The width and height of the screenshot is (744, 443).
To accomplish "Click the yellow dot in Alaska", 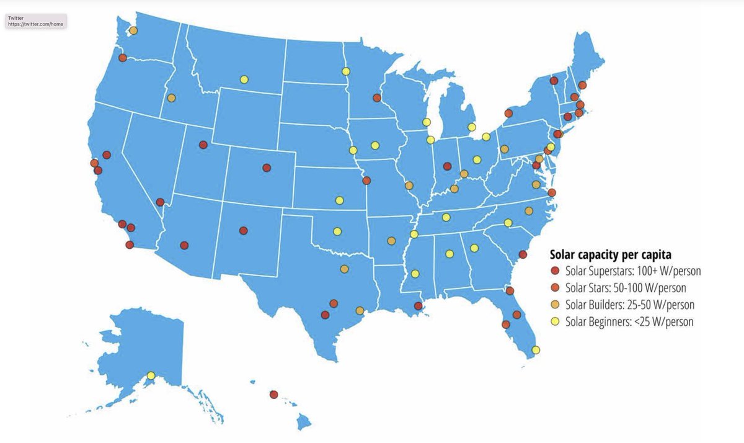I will (x=151, y=375).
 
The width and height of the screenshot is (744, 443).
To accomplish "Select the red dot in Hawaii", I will (x=273, y=395).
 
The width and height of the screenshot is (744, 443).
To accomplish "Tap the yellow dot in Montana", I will (x=244, y=79).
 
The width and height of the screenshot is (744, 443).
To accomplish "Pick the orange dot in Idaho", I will (x=171, y=98).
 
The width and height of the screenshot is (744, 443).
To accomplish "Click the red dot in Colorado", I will (x=267, y=168).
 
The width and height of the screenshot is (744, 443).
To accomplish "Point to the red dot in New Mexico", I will (x=244, y=230).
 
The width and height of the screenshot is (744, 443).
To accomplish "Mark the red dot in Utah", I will (x=203, y=145).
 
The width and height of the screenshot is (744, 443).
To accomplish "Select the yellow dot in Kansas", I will (x=339, y=200).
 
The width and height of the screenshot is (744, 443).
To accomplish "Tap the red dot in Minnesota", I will (x=376, y=98).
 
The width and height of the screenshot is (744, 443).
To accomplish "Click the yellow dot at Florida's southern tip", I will (x=536, y=350).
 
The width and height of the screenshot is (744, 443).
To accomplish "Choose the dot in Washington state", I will (x=133, y=30).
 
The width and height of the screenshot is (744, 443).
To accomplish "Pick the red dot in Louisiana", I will (x=418, y=306).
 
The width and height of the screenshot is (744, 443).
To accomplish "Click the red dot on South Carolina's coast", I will (x=523, y=254).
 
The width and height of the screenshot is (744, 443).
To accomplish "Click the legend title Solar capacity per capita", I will (x=611, y=254).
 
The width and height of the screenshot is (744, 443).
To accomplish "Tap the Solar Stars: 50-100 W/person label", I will (x=626, y=288).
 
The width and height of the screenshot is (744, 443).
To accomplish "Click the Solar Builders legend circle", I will (x=555, y=305).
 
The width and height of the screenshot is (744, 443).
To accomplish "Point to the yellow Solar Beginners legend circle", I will (x=555, y=321).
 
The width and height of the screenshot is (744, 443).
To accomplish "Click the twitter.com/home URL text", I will (x=35, y=24).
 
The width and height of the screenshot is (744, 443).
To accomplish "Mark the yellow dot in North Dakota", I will (x=345, y=71).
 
